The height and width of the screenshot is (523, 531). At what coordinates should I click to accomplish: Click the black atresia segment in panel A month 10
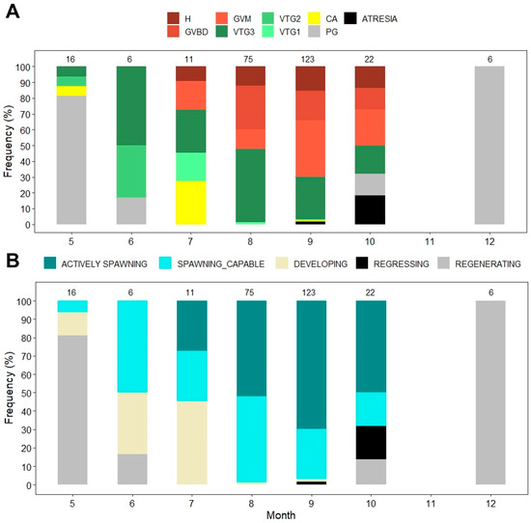[372, 209]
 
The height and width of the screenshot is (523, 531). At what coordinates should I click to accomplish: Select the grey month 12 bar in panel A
[490, 145]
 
